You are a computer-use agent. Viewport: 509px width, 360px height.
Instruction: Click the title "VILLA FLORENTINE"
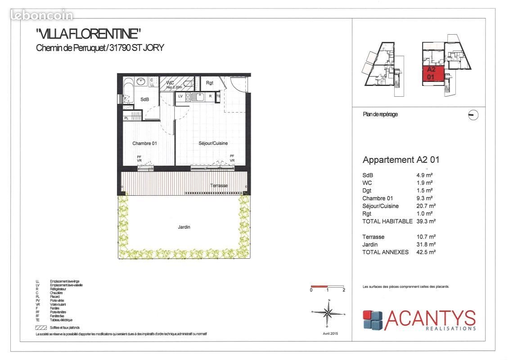point(89,34)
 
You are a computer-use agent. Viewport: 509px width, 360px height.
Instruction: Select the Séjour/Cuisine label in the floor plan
point(213,144)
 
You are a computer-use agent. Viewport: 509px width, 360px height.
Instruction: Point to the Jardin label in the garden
point(184,227)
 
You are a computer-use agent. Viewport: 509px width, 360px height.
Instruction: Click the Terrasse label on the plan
point(219,185)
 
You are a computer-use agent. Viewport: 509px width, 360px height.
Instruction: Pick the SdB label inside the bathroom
point(144,99)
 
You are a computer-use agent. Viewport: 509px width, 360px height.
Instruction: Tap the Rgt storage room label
point(209,83)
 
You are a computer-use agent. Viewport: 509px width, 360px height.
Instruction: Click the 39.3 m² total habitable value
point(425,221)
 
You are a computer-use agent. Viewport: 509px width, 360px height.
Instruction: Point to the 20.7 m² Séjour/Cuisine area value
point(425,206)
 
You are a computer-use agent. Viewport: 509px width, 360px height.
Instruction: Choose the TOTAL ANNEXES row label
point(385,252)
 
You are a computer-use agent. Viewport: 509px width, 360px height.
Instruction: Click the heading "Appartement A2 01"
point(401,160)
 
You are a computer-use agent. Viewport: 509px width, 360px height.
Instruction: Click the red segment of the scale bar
point(319,286)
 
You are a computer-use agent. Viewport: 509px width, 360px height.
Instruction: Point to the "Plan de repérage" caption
point(380,114)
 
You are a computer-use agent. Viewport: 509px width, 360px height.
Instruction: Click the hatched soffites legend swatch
point(41,328)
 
